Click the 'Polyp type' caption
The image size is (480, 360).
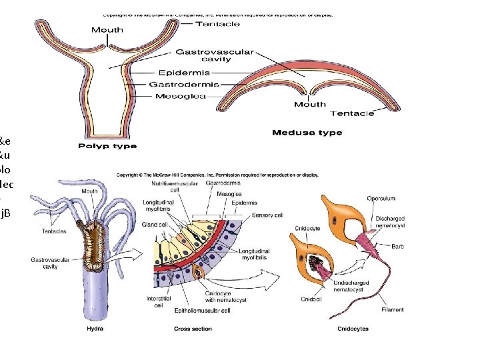[x=107, y=146]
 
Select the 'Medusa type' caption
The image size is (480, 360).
[x=307, y=133]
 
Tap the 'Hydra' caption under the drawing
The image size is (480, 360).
[x=95, y=329]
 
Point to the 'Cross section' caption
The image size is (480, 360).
[x=193, y=329]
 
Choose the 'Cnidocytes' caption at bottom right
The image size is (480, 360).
[x=353, y=329]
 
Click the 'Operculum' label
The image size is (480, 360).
[x=381, y=198]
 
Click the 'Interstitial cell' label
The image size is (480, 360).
[x=159, y=303]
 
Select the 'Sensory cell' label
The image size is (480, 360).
[x=267, y=215]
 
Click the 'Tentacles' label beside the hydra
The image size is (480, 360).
[x=54, y=231]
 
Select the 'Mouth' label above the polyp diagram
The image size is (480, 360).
[x=107, y=30]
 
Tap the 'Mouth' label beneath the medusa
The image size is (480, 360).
[x=310, y=104]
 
